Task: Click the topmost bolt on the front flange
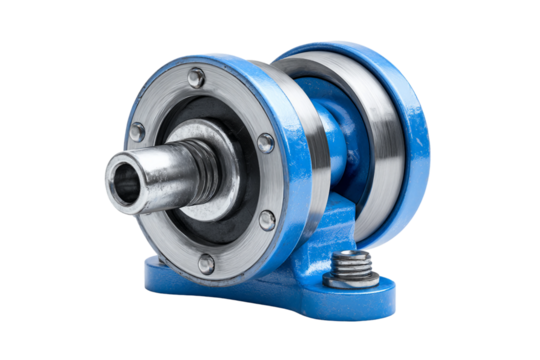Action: pyautogui.click(x=197, y=77)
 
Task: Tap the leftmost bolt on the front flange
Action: pyautogui.click(x=138, y=131)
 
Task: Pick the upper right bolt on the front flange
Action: pyautogui.click(x=265, y=143)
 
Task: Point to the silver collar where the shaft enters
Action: pyautogui.click(x=225, y=150)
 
